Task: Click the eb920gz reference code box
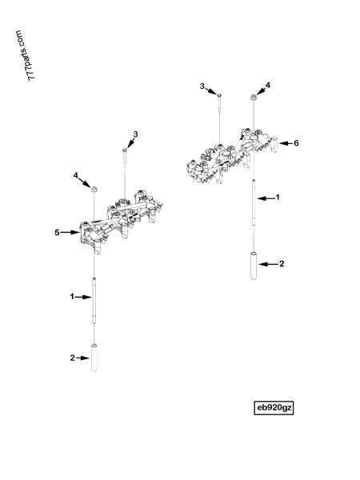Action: click(274, 407)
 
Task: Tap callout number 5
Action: click(57, 233)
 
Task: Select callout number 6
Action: click(296, 143)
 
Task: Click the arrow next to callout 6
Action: click(286, 143)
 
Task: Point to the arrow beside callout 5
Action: click(70, 233)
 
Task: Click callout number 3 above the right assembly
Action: click(202, 86)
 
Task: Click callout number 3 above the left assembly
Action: click(135, 134)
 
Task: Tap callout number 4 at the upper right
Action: click(268, 85)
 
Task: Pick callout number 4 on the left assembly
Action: click(76, 175)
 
